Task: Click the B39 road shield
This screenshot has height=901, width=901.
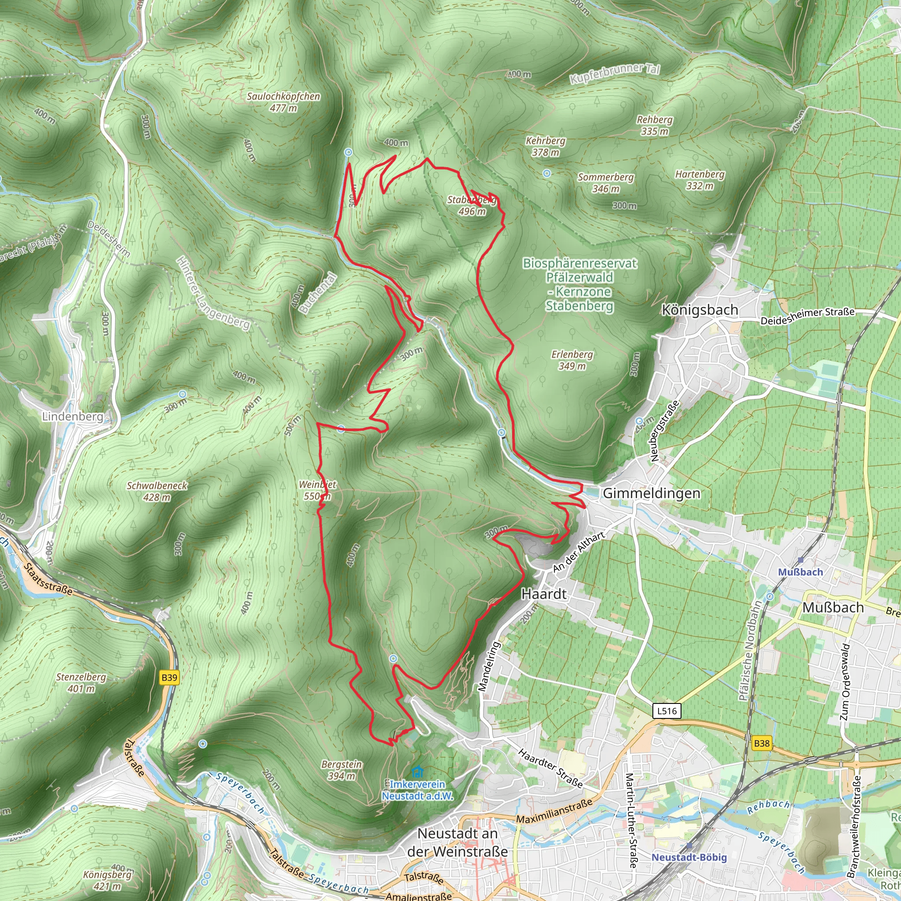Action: pyautogui.click(x=169, y=678)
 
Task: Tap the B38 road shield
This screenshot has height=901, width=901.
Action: pyautogui.click(x=761, y=744)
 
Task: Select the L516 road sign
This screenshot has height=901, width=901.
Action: pyautogui.click(x=667, y=711)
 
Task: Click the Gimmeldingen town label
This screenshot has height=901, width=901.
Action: pyautogui.click(x=651, y=494)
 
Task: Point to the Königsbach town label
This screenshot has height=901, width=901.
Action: pyautogui.click(x=700, y=310)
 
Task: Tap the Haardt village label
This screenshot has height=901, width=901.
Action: pyautogui.click(x=544, y=594)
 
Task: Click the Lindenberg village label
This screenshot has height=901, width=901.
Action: pyautogui.click(x=72, y=416)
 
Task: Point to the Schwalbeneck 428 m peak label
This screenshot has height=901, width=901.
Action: pyautogui.click(x=157, y=491)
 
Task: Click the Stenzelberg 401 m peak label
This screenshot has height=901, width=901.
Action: pyautogui.click(x=81, y=682)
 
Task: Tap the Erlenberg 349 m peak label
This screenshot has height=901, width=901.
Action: pyautogui.click(x=572, y=360)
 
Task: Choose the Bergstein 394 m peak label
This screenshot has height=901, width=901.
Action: pyautogui.click(x=341, y=770)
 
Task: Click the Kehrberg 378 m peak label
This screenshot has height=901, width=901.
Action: pyautogui.click(x=545, y=146)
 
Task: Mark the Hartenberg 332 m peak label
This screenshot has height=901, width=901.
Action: pyautogui.click(x=700, y=179)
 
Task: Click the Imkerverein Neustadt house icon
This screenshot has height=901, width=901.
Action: pyautogui.click(x=418, y=771)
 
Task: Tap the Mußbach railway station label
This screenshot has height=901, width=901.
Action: pyautogui.click(x=800, y=572)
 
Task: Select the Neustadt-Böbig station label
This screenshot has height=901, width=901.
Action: pyautogui.click(x=689, y=857)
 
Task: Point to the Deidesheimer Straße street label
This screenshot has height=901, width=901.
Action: pyautogui.click(x=807, y=316)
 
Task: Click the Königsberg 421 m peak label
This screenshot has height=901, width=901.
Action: pyautogui.click(x=108, y=879)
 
